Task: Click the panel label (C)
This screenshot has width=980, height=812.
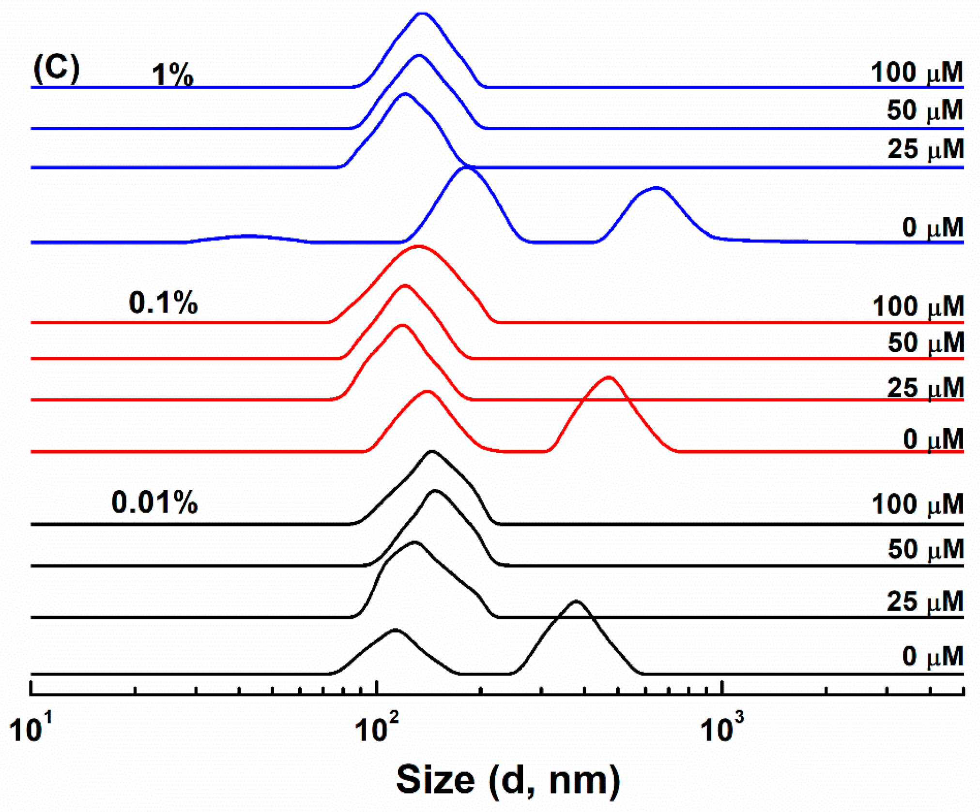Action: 56,69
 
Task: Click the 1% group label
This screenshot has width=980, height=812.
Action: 172,75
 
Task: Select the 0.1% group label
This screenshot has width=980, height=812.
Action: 163,303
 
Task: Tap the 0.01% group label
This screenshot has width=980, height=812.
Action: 154,502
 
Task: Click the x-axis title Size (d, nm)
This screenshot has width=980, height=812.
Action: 508,780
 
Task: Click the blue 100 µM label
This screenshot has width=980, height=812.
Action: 917,73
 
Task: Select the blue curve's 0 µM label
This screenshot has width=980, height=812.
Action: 933,227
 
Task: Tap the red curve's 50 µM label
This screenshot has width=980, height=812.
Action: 925,343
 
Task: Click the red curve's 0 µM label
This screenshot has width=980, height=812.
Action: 933,439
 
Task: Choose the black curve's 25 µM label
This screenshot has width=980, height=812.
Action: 925,602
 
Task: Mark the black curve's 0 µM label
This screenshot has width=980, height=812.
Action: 933,657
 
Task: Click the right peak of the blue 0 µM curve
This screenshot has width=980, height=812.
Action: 656,188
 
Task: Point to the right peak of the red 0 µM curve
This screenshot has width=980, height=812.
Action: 609,377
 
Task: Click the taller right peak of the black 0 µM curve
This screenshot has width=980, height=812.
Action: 576,602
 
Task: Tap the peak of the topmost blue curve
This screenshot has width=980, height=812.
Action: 422,14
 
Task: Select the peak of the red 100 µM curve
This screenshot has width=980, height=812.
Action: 417,247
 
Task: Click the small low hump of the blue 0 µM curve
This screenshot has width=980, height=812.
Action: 249,236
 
